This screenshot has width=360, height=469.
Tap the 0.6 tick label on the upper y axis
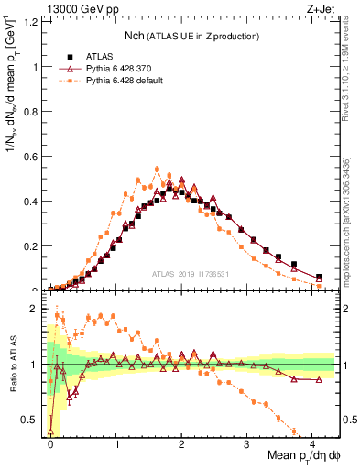click(x=34, y=157)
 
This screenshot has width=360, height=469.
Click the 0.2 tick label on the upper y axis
click(x=34, y=246)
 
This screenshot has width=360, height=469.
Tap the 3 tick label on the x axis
click(x=247, y=442)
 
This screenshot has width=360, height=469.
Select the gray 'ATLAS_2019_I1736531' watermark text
click(x=190, y=274)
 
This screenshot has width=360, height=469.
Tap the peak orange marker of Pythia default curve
click(x=157, y=169)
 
